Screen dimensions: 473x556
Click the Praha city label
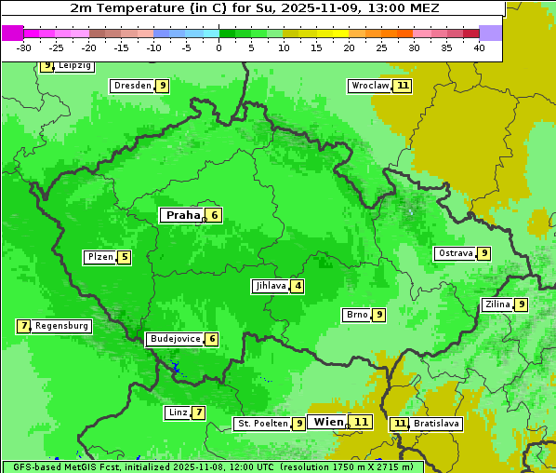click(x=182, y=215)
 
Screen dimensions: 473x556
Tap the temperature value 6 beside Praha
click(x=214, y=215)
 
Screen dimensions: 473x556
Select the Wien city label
click(x=328, y=422)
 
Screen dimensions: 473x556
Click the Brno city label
click(x=356, y=315)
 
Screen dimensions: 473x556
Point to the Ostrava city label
click(x=456, y=253)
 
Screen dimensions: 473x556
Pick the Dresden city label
click(x=132, y=86)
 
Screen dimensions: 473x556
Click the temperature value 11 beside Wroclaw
click(x=402, y=86)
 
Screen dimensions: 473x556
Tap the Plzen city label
click(x=99, y=257)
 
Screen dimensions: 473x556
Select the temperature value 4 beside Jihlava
click(x=298, y=286)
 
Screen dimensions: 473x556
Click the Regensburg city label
click(x=61, y=326)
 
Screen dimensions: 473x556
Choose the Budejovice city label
click(x=175, y=339)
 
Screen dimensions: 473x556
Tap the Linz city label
click(x=178, y=412)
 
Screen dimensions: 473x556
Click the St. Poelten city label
click(x=262, y=424)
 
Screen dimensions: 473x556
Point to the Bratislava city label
click(x=437, y=424)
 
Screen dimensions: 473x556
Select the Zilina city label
click(x=497, y=304)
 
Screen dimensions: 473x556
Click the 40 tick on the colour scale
click(x=479, y=47)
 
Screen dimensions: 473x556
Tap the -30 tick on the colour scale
click(x=24, y=47)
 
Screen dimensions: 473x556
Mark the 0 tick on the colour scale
click(x=219, y=47)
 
